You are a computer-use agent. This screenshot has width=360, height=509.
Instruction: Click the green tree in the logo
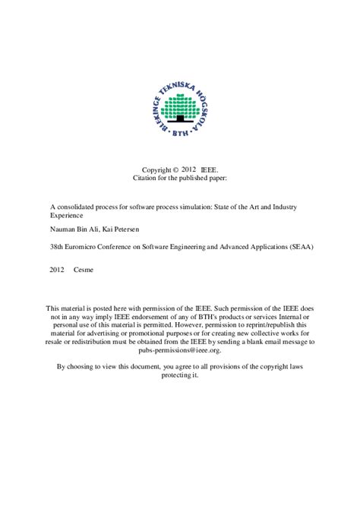click(x=180, y=97)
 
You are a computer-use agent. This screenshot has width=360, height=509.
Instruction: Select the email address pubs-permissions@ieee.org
click(x=180, y=353)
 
